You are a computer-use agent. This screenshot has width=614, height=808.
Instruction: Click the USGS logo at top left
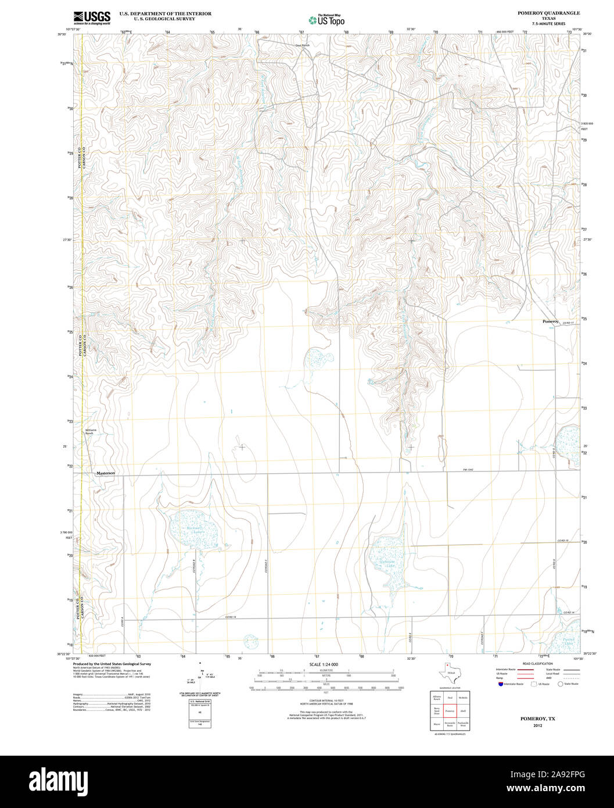pyautogui.click(x=91, y=17)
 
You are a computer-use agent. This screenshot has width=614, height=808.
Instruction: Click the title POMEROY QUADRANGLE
pyautogui.click(x=540, y=13)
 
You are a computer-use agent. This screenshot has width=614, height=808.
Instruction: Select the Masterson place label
pyautogui.click(x=106, y=473)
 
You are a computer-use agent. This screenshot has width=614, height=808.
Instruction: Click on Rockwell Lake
pyautogui.click(x=192, y=530)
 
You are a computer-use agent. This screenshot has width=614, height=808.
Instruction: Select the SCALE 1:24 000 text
pyautogui.click(x=324, y=664)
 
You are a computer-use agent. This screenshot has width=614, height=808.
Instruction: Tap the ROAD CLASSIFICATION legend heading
pyautogui.click(x=537, y=663)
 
